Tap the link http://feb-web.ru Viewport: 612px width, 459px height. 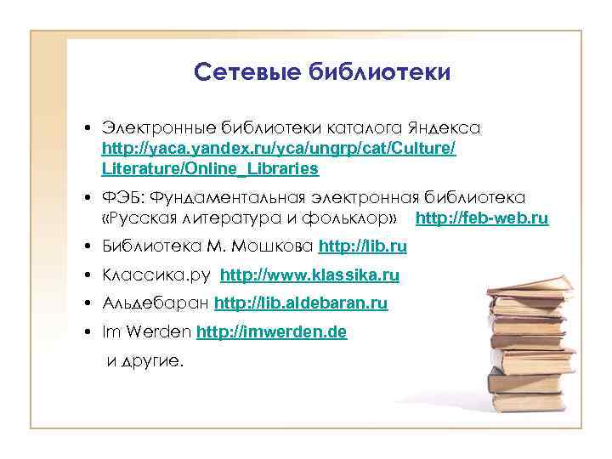click(x=482, y=218)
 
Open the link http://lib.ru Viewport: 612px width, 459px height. click(x=362, y=246)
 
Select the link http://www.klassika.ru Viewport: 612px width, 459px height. click(x=309, y=275)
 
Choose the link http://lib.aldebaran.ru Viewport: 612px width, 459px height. click(x=301, y=303)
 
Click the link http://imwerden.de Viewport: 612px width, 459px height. click(x=271, y=331)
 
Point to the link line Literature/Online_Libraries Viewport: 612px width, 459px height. click(x=210, y=168)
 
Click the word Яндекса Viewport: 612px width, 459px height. click(x=445, y=128)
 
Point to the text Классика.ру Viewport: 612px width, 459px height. click(x=157, y=275)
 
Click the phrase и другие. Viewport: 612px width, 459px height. click(x=144, y=360)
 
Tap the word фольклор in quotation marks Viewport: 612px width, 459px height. click(x=353, y=218)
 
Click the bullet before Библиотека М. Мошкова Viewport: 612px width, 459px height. click(x=88, y=247)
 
